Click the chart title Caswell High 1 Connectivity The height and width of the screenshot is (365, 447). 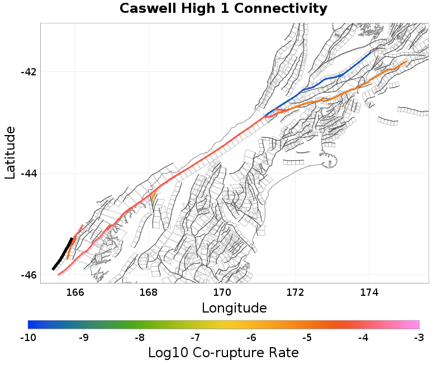point(223,9)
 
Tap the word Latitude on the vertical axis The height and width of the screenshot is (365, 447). point(10,152)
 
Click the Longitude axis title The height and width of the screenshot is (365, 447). point(234,308)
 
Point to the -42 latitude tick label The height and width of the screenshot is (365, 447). point(27,72)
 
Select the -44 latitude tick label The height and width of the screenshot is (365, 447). point(27,174)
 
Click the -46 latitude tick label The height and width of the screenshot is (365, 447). point(27,275)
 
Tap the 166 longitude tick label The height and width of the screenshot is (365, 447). point(75,292)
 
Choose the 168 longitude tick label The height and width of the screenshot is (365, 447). point(148,292)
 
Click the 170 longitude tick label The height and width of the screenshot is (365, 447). point(222,292)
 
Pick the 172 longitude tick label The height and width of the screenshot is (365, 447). point(295,292)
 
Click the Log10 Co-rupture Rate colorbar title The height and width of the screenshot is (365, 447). point(223,353)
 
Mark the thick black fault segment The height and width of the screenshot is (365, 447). point(62,254)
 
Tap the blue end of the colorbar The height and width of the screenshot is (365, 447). point(32,324)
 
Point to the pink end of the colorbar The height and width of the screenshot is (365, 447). point(415,324)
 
